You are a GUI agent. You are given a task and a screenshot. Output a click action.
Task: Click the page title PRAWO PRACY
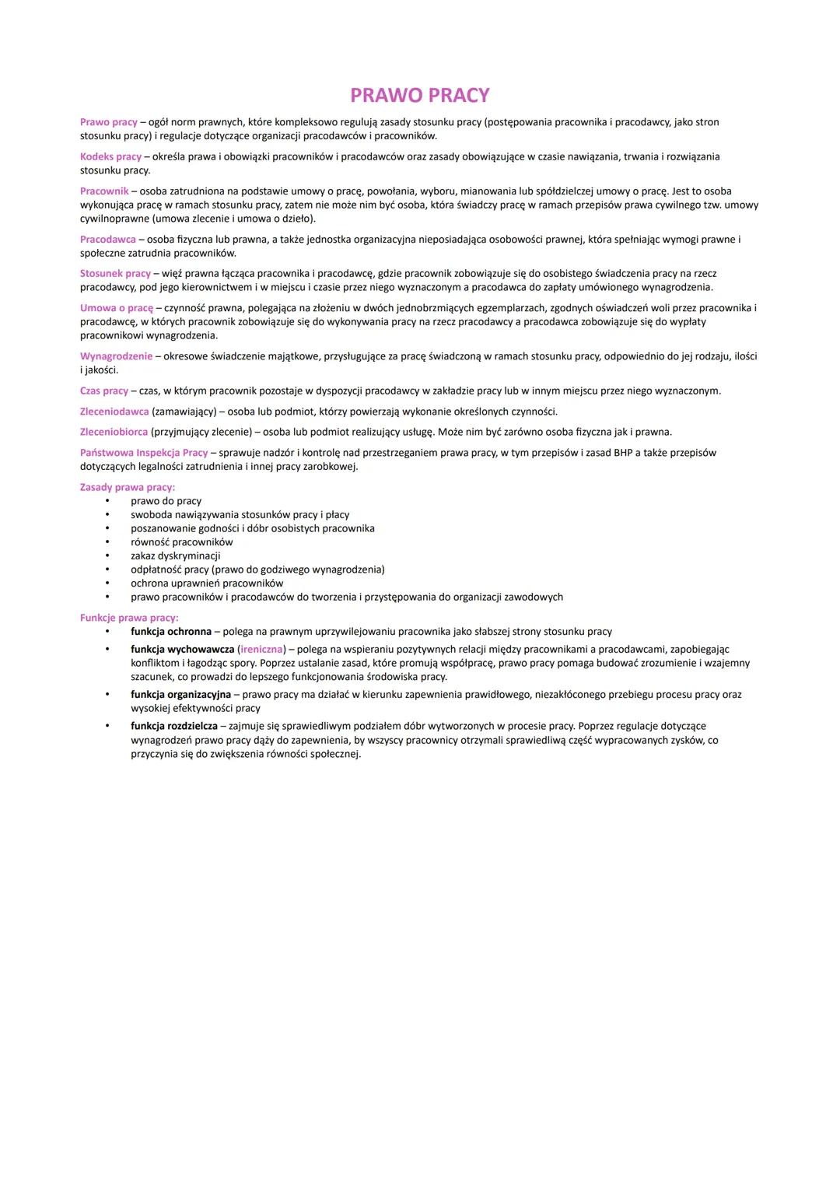pyautogui.click(x=419, y=95)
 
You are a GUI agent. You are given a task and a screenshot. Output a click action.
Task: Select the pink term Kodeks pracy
pyautogui.click(x=110, y=156)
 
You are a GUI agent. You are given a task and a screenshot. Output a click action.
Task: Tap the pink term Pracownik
pyautogui.click(x=104, y=191)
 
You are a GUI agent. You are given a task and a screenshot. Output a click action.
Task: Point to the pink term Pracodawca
pyautogui.click(x=107, y=239)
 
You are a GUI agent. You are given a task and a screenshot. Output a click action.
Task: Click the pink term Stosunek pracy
pyautogui.click(x=115, y=273)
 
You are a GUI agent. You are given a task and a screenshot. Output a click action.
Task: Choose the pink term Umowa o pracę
pyautogui.click(x=117, y=308)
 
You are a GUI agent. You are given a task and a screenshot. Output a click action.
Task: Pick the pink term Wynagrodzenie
pyautogui.click(x=116, y=356)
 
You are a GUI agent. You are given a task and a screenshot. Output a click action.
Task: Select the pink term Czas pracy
pyautogui.click(x=104, y=391)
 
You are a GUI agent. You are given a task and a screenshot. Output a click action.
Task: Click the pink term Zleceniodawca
pyautogui.click(x=114, y=411)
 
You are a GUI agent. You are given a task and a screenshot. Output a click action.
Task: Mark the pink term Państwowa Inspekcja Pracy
pyautogui.click(x=144, y=452)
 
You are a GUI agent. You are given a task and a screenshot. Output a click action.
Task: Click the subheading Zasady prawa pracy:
pyautogui.click(x=128, y=487)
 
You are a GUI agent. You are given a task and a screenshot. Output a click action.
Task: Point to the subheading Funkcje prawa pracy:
pyautogui.click(x=129, y=618)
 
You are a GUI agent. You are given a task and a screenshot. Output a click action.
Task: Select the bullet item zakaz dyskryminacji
pyautogui.click(x=175, y=555)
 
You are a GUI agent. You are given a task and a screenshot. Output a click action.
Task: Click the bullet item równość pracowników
pyautogui.click(x=181, y=542)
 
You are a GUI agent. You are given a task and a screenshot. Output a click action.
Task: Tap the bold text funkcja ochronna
pyautogui.click(x=171, y=632)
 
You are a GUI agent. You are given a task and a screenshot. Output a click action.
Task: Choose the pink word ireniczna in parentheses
pyautogui.click(x=261, y=649)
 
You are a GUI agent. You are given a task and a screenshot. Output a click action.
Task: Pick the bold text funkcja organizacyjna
pyautogui.click(x=180, y=694)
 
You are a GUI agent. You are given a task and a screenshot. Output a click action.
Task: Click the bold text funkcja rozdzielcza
pyautogui.click(x=174, y=726)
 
